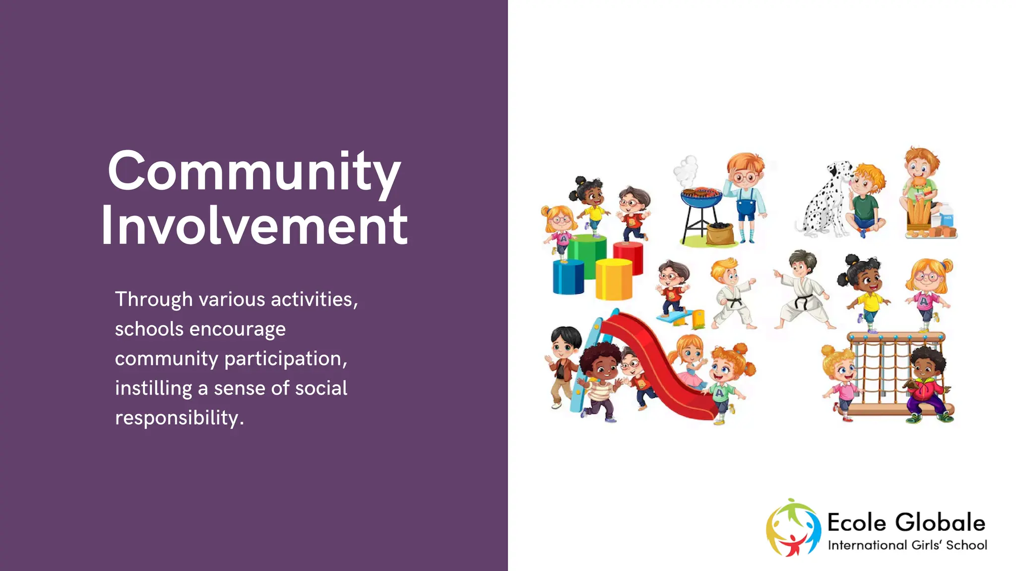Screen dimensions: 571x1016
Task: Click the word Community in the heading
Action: tap(254, 172)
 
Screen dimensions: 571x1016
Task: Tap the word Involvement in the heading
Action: tap(254, 227)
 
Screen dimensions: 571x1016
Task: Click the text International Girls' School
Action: tap(907, 545)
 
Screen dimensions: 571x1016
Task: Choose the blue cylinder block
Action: tap(569, 278)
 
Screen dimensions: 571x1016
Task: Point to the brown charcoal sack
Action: tap(720, 233)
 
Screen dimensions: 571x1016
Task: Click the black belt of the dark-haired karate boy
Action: tap(801, 300)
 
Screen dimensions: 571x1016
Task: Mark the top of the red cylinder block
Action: tap(628, 245)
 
